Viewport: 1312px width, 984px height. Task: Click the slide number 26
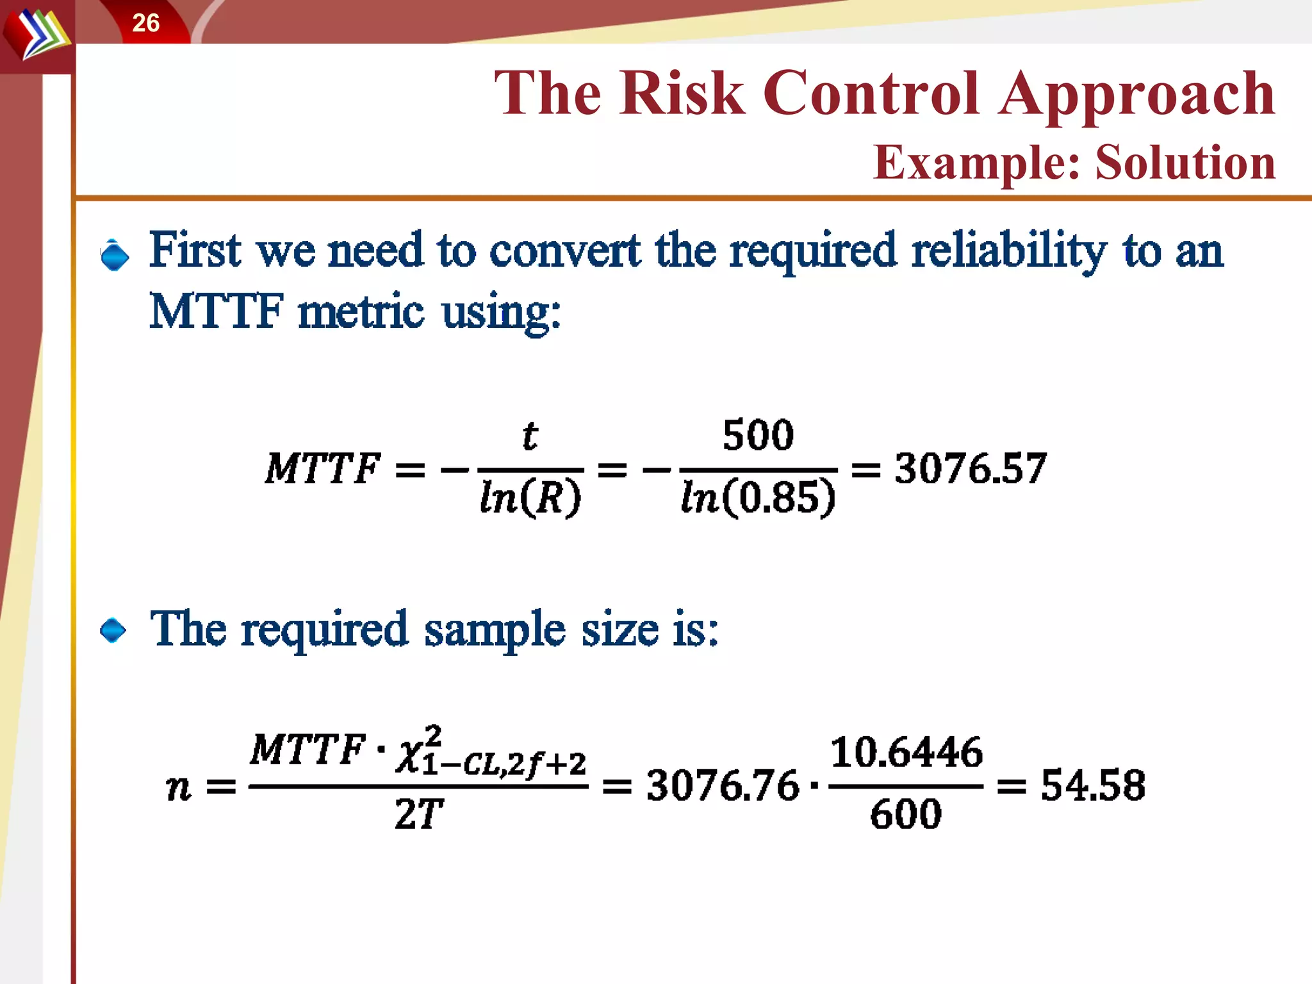coord(145,23)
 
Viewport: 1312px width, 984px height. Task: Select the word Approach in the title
coord(1137,95)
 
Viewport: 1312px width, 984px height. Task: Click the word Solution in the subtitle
coord(1185,162)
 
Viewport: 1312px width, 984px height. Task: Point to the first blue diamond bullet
coord(115,256)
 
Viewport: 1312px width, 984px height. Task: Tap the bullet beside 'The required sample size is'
coord(113,630)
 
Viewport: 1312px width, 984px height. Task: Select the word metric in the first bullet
coord(361,312)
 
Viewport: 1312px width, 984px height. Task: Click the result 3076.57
coord(971,468)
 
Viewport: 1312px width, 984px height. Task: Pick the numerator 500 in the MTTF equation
coord(758,435)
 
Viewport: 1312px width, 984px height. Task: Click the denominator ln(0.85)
coord(758,498)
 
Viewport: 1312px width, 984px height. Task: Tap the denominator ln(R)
coord(530,498)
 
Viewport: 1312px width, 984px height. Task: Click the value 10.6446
coord(906,752)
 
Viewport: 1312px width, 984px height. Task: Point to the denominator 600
coord(906,814)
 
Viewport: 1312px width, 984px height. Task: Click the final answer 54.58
coord(1093,785)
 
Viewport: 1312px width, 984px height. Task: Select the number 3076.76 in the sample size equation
coord(723,785)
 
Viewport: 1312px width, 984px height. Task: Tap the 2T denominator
coord(419,815)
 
